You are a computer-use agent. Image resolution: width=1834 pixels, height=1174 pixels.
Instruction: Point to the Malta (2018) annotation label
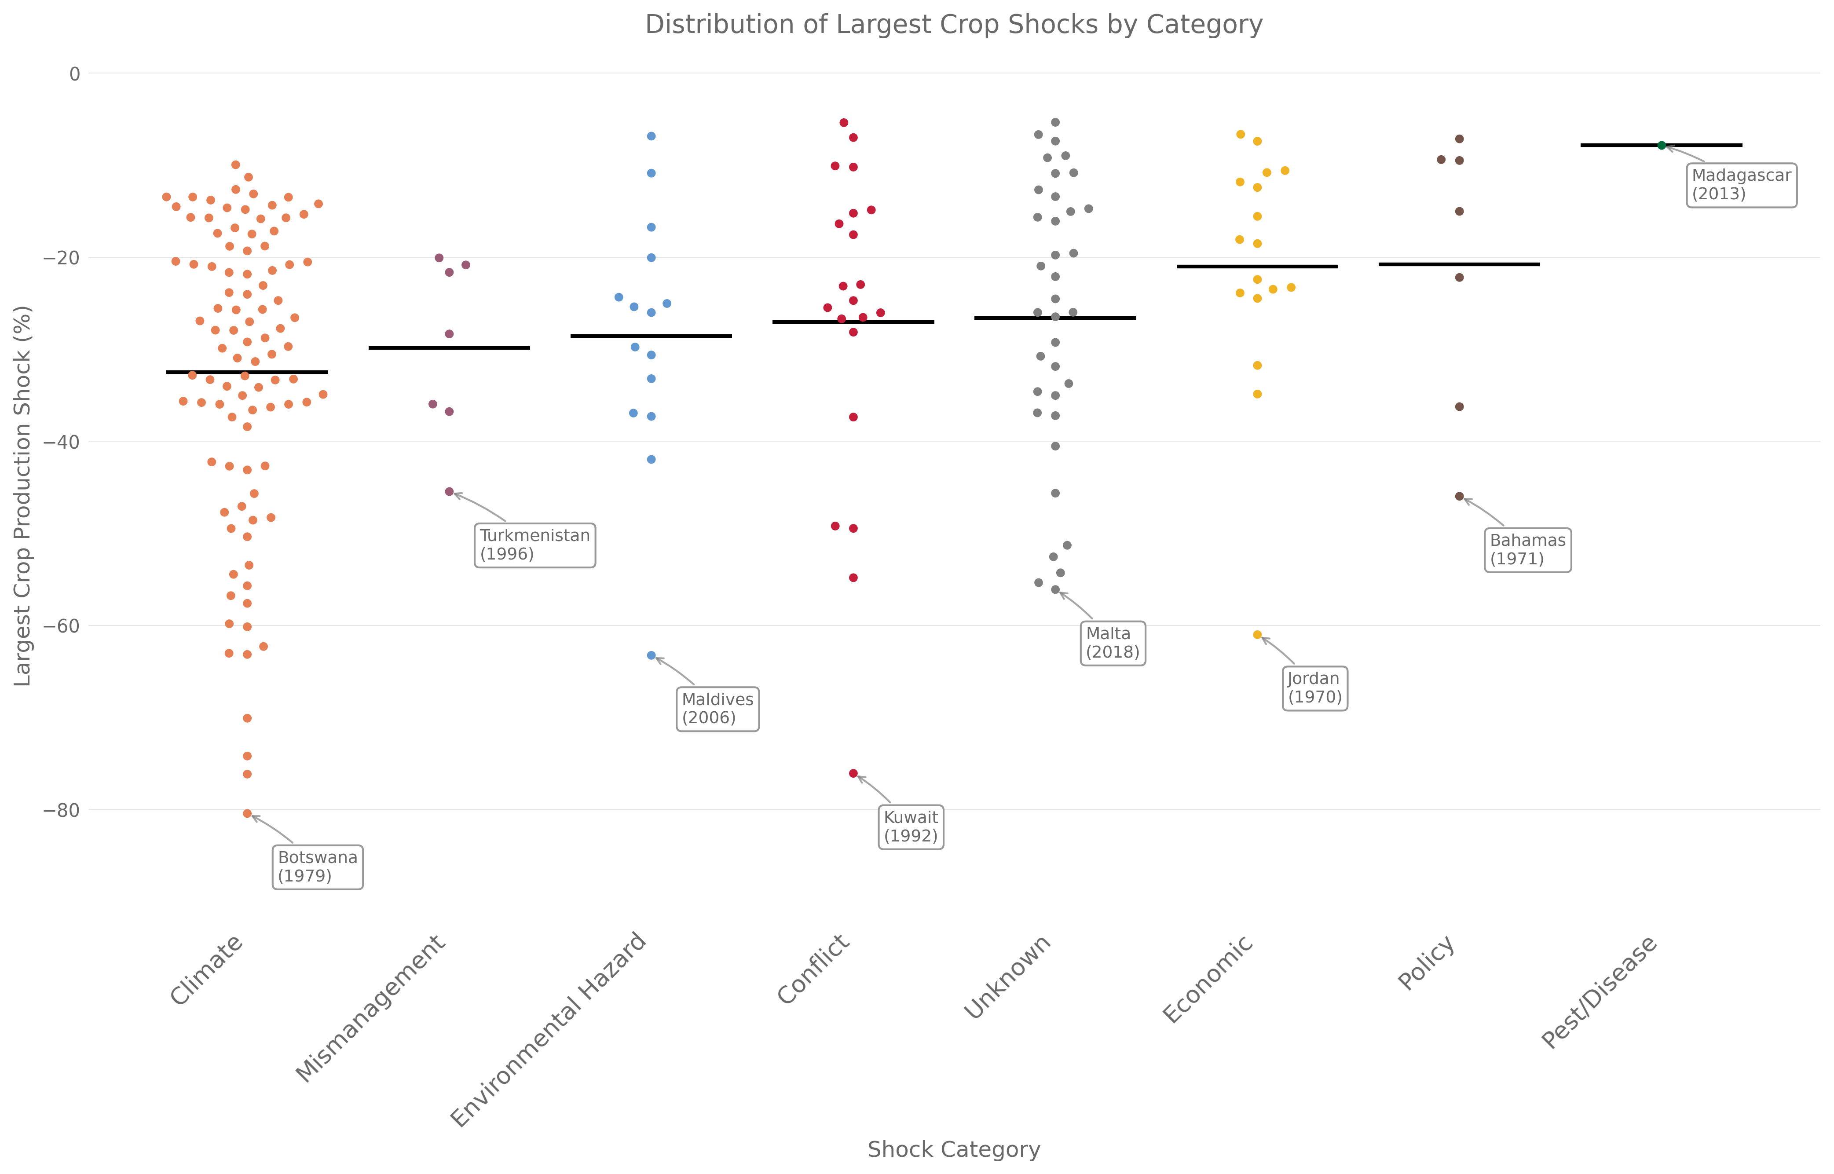pos(1112,643)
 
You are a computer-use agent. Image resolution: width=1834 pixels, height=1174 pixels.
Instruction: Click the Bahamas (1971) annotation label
pos(1527,549)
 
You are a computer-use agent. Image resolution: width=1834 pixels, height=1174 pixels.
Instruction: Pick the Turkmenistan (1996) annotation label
pos(534,544)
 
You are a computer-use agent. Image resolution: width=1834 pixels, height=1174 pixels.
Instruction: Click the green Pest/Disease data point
pos(1661,145)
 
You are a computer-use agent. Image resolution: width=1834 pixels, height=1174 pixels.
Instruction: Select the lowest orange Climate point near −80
pos(247,813)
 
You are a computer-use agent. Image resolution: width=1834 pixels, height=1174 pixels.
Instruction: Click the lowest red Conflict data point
pos(853,773)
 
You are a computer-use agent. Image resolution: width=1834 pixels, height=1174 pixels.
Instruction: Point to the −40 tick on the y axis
pos(61,441)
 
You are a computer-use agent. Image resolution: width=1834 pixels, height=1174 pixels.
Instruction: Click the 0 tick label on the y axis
pos(74,74)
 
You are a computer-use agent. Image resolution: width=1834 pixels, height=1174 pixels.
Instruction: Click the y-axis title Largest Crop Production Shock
pos(23,496)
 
